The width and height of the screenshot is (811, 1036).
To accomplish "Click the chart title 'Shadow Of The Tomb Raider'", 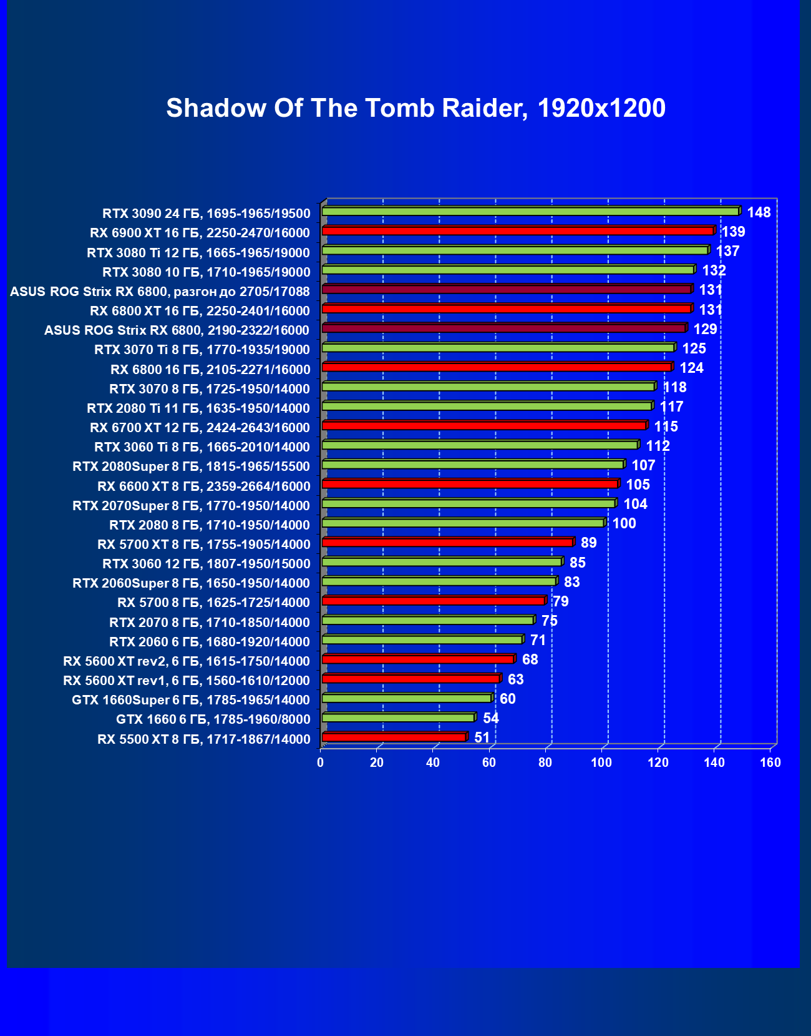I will [x=415, y=108].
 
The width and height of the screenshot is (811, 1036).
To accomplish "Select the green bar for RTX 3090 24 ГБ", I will [x=530, y=212].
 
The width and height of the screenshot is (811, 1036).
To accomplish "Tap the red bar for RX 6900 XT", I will [x=518, y=231].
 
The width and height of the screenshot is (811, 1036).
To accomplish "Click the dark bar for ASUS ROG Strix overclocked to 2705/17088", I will [x=507, y=289].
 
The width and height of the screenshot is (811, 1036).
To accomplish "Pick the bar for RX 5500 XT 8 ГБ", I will [x=394, y=738].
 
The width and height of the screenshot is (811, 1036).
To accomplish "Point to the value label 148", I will [x=759, y=213].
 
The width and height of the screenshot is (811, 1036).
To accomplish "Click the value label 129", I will [x=705, y=329].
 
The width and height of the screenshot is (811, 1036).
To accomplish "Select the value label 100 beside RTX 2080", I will [x=624, y=523].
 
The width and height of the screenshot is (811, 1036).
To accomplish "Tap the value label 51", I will [x=482, y=738].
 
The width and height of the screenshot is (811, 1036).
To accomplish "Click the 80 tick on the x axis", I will [x=545, y=762].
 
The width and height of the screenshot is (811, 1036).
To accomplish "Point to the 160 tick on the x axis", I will [x=770, y=762].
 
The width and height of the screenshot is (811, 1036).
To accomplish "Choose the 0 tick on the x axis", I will [x=321, y=762].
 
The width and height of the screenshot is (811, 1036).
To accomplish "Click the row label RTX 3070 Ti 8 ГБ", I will [x=202, y=350].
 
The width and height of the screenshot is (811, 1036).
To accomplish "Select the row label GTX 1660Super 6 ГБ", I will [x=191, y=700].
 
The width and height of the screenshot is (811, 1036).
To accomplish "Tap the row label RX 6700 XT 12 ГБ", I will [x=200, y=428].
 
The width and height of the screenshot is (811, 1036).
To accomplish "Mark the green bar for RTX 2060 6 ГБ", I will [x=422, y=639].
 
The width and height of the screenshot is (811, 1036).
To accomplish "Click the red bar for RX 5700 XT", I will [x=447, y=542].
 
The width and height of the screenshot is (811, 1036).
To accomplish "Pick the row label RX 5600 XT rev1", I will [x=187, y=681].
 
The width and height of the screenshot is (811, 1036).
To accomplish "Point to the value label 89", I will [x=588, y=543].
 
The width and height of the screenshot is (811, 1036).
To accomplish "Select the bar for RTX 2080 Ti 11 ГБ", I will [x=487, y=406].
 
